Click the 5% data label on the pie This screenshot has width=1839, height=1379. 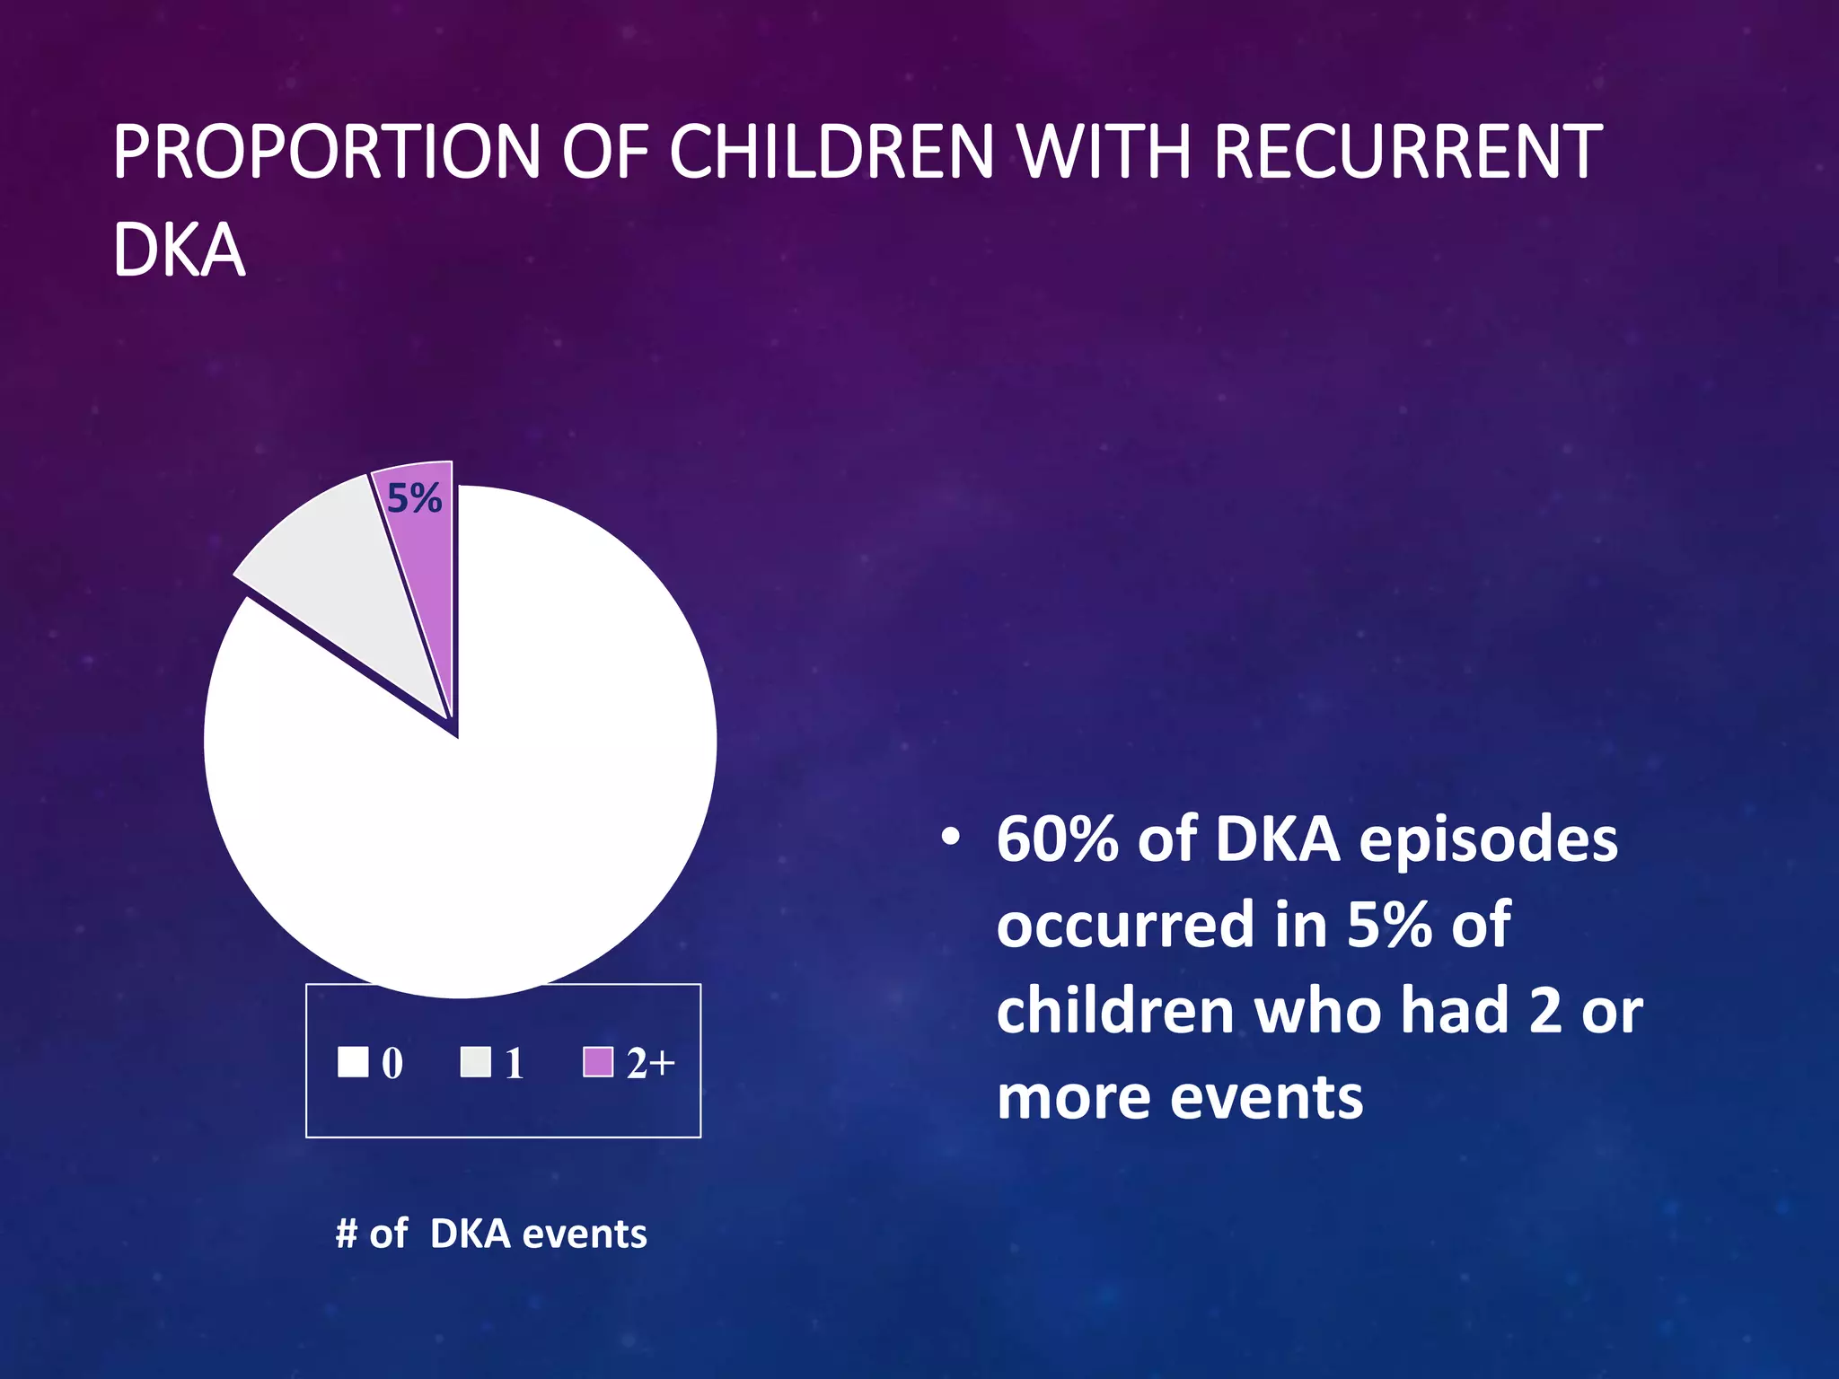pos(414,498)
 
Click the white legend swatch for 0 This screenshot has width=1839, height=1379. pos(353,1062)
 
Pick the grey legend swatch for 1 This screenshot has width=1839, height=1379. pos(475,1062)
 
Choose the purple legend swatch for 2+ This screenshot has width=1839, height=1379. pos(598,1062)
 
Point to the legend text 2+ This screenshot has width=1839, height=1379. pos(650,1064)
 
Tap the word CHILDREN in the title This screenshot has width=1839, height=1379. pos(832,152)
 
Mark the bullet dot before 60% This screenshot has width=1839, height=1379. pos(950,838)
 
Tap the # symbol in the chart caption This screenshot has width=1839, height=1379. pos(347,1234)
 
